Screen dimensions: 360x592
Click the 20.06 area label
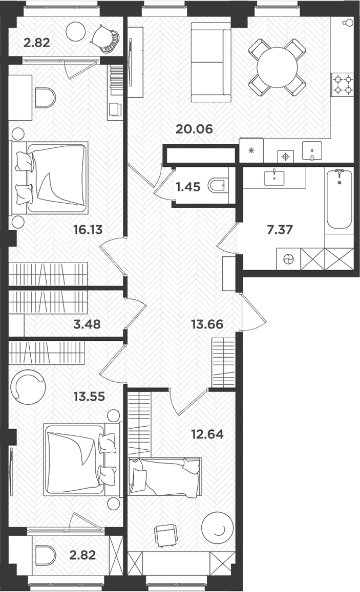pos(194,129)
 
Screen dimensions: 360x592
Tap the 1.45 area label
pos(188,187)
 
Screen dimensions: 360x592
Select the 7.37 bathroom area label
pos(280,230)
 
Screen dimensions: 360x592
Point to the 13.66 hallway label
pos(207,324)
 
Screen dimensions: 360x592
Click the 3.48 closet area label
pos(87,324)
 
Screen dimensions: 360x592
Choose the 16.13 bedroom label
pos(88,230)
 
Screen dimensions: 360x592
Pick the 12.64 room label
pos(207,434)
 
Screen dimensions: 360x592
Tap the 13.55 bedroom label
pos(89,397)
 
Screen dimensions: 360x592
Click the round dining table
pos(277,67)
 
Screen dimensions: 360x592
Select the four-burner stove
pos(343,84)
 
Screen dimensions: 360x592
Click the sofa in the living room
pos(211,62)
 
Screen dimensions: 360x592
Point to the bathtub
pos(340,200)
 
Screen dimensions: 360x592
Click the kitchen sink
pos(312,151)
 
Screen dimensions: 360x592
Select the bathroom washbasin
pos(274,178)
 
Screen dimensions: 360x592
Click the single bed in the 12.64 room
pos(164,476)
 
